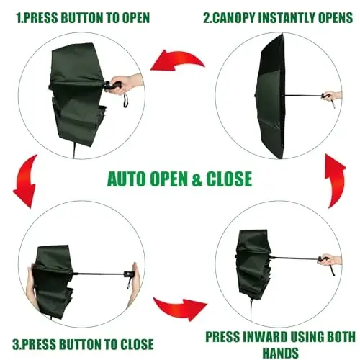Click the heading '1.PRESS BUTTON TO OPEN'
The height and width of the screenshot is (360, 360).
(x=79, y=16)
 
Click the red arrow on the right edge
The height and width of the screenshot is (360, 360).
(x=336, y=176)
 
